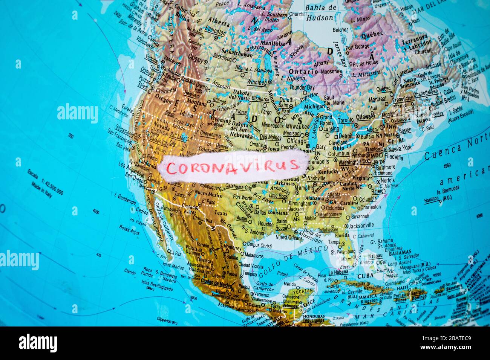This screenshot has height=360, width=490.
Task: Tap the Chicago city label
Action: (297, 141)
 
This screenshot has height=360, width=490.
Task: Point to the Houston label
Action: (266, 224)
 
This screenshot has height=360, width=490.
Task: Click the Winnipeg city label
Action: (257, 82)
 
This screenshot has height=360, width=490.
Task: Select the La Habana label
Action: (338, 272)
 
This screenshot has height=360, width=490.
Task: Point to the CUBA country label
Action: (364, 276)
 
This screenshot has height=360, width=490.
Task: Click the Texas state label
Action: (221, 213)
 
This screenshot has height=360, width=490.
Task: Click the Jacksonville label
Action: (361, 225)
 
